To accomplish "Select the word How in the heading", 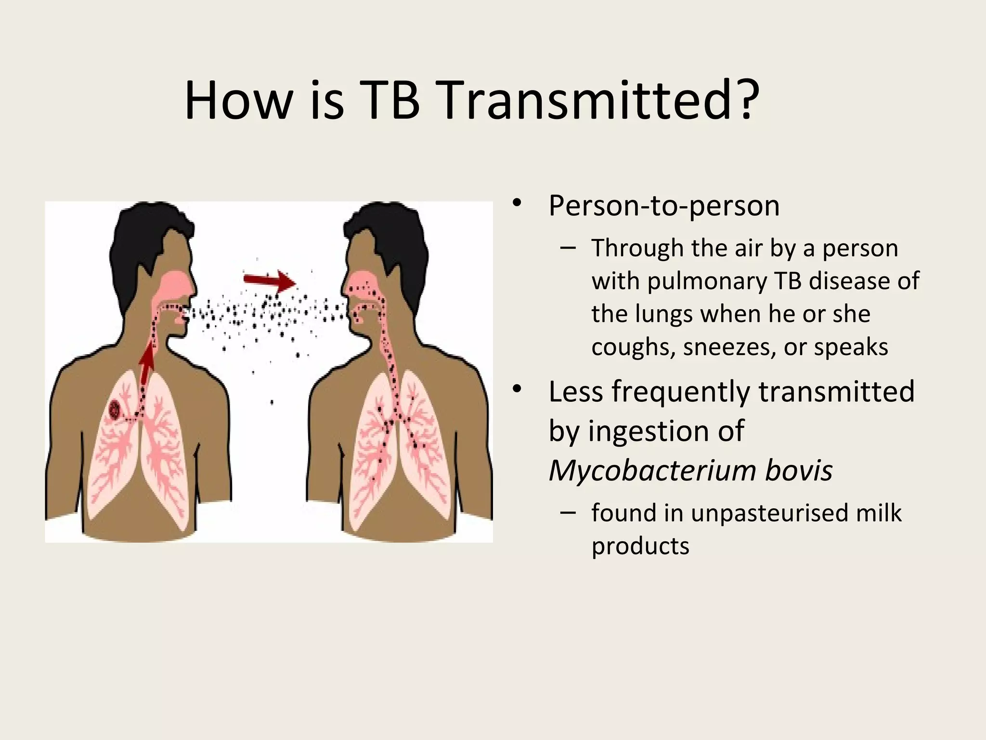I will [x=238, y=101].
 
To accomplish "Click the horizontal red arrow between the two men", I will [x=269, y=281].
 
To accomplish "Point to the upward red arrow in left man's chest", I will [x=147, y=364].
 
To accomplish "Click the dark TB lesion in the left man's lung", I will [x=116, y=410].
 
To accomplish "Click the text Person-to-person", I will [x=664, y=206].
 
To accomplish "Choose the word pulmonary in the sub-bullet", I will [x=707, y=281].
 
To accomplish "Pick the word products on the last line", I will [x=640, y=546].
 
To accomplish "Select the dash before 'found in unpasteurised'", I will [x=568, y=513].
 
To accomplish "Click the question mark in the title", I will [x=746, y=101].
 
